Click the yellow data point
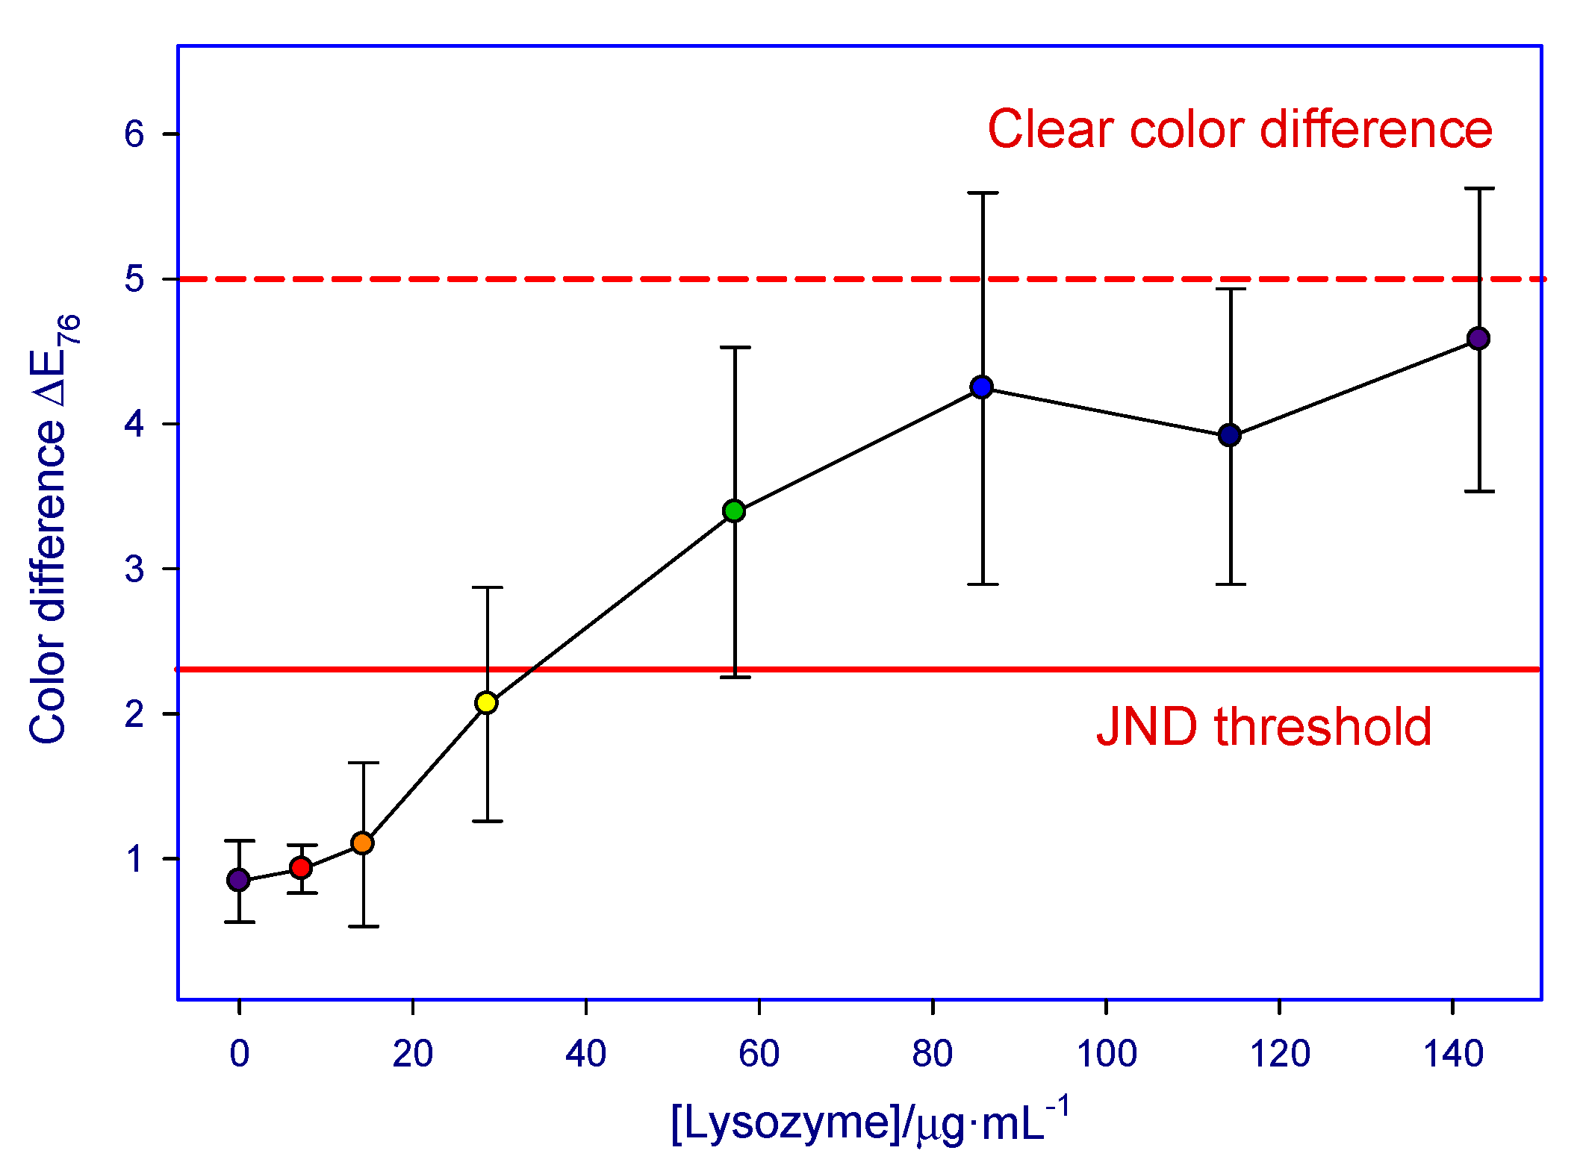486,702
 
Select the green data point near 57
734,511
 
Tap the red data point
301,867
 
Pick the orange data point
362,843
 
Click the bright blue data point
982,387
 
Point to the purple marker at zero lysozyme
238,880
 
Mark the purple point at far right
1478,338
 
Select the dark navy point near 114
1230,435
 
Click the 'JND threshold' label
1263,727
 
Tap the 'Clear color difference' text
1240,129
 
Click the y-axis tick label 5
134,279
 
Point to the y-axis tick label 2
134,714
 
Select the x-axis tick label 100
1106,1054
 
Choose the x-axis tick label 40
585,1054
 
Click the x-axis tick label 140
1452,1054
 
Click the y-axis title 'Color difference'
48,582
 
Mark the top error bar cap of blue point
983,193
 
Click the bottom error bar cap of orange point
364,926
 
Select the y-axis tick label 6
134,134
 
